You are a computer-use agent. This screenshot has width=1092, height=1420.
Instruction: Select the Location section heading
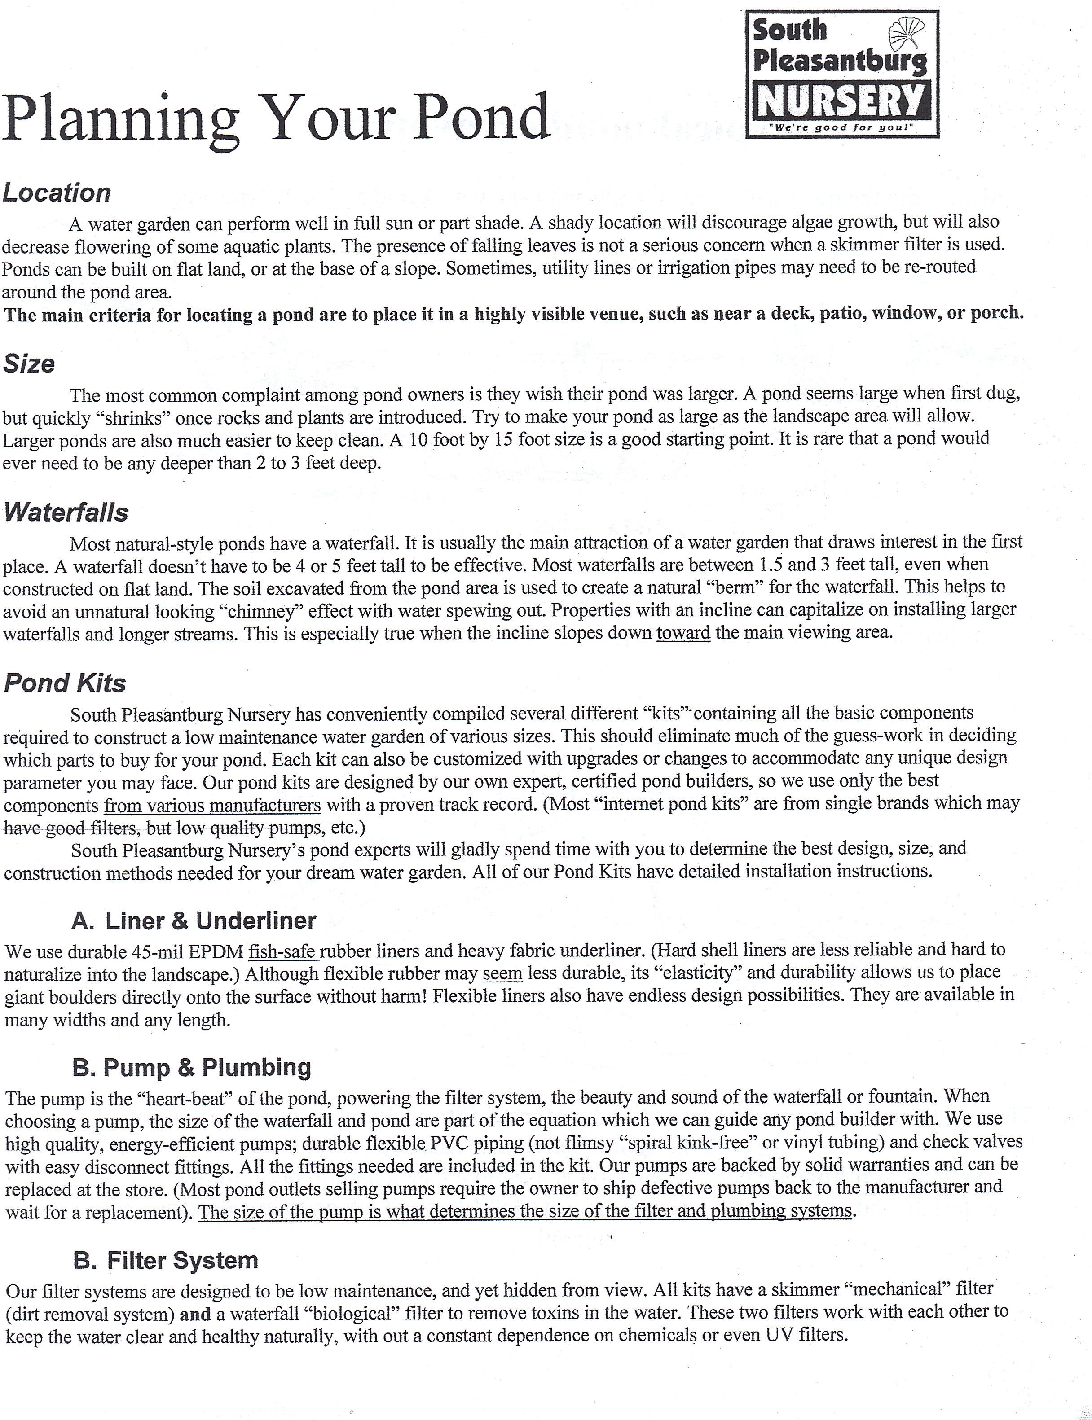click(x=57, y=193)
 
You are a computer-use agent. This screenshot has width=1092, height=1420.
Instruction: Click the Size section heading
click(x=29, y=364)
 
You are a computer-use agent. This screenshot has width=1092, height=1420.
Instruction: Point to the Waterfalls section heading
click(x=66, y=513)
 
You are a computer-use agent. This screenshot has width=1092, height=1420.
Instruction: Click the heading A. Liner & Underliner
click(x=194, y=920)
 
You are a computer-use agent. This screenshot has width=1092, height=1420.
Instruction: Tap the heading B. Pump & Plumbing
click(x=192, y=1067)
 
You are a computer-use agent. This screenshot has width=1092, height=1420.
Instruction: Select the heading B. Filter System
click(x=166, y=1260)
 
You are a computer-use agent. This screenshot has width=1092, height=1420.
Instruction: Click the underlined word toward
click(x=682, y=632)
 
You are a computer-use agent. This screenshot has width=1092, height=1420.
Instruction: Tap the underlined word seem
click(x=502, y=974)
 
